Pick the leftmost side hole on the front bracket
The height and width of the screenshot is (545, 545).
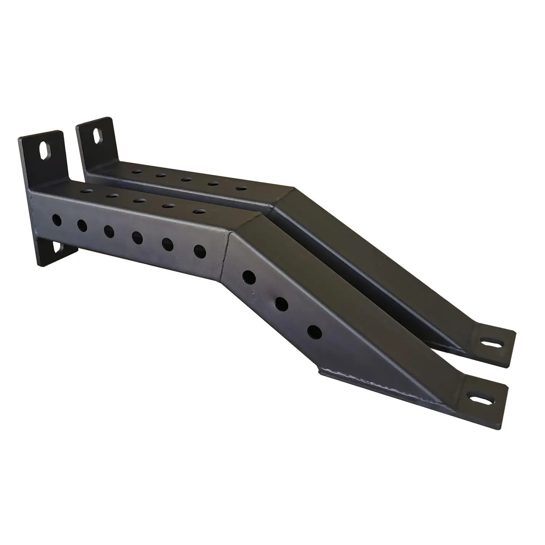56,219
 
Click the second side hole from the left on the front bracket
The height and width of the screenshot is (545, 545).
82,225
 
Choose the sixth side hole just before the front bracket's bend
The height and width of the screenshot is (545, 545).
199,250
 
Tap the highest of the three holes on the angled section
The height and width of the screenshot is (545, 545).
249,277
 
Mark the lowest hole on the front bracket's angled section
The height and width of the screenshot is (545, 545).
315,331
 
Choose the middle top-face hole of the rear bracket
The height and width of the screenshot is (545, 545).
186,179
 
